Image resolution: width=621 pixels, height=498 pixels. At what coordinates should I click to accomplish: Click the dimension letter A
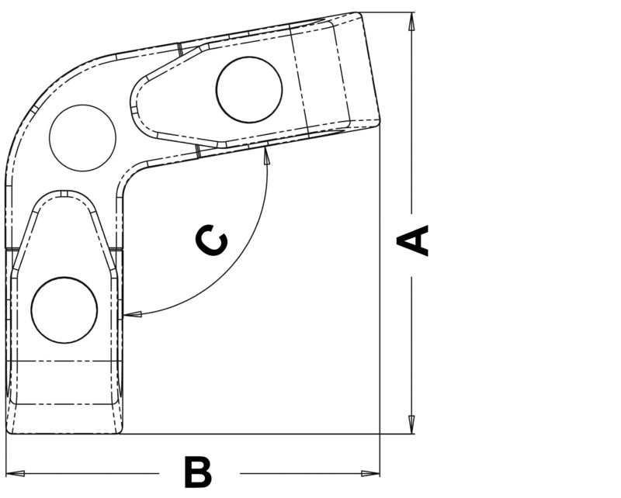point(413,240)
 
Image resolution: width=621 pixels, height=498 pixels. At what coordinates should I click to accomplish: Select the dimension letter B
point(198,472)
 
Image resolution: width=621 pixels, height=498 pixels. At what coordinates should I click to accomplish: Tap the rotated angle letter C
point(211,241)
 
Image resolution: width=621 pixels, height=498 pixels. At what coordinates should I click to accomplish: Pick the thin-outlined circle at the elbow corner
point(82,139)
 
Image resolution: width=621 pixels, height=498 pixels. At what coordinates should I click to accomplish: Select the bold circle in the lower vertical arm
point(64,310)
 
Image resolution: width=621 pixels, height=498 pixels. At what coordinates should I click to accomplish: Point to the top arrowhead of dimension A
point(411,21)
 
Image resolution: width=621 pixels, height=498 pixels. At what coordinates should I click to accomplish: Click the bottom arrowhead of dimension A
point(411,426)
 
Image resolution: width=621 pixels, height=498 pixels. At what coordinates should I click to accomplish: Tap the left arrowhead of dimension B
point(16,473)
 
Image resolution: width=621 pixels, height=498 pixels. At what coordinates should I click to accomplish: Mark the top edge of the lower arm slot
point(65,192)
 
